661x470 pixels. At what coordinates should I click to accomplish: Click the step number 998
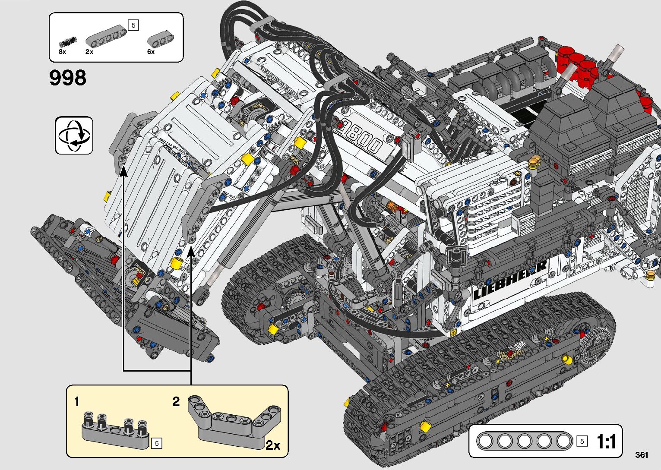(68, 78)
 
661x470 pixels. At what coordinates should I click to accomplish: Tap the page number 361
(642, 454)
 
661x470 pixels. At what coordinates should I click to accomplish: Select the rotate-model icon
(74, 135)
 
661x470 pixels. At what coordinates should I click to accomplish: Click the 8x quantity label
(63, 52)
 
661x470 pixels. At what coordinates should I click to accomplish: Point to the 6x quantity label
(151, 52)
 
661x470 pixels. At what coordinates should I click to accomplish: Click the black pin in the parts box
(67, 42)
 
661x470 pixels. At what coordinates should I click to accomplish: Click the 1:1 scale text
(606, 442)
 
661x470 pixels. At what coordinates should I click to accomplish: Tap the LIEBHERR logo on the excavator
(510, 281)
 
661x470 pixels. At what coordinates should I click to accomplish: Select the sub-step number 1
(77, 402)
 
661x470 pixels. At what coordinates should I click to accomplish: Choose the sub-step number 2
(176, 402)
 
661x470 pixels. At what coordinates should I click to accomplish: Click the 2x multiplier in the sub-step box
(273, 445)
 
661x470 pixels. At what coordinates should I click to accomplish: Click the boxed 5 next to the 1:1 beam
(582, 441)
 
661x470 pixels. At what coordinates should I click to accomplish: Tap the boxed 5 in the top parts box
(133, 25)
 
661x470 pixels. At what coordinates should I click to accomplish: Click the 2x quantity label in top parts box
(89, 52)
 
